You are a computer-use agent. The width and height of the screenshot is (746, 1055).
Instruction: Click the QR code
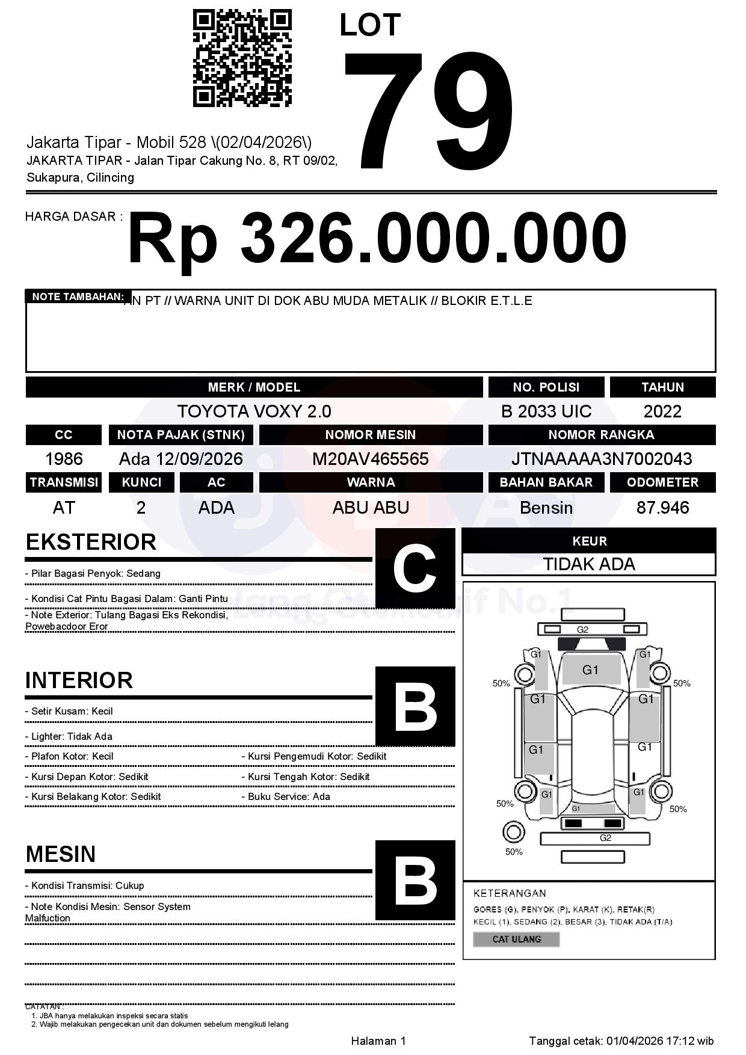[x=242, y=58]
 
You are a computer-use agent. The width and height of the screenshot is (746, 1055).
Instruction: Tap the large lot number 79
[x=428, y=109]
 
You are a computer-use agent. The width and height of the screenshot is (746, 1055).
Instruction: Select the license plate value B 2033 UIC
[x=546, y=411]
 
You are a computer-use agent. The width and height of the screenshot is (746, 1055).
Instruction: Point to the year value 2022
[x=662, y=411]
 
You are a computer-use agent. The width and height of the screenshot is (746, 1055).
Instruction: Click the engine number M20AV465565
[x=370, y=460]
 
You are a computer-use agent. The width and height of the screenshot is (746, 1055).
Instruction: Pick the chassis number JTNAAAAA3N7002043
[x=601, y=460]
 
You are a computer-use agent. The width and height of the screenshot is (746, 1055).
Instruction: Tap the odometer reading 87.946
[x=662, y=508]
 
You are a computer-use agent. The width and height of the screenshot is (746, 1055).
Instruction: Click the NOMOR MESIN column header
[x=370, y=435]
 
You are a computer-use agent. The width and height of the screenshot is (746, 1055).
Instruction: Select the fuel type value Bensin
[x=546, y=508]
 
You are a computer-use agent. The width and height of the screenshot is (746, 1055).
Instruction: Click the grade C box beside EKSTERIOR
[x=415, y=568]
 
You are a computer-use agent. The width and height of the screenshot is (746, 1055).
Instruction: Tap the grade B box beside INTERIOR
[x=415, y=706]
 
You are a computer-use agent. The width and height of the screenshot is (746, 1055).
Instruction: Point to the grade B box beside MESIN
[x=415, y=880]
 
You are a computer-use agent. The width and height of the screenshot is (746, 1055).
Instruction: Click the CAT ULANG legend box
[x=516, y=939]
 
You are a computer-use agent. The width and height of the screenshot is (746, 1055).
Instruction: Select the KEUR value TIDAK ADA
[x=588, y=564]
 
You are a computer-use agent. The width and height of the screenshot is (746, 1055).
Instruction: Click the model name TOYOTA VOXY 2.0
[x=254, y=411]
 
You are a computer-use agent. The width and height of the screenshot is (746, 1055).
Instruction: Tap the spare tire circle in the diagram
[x=513, y=833]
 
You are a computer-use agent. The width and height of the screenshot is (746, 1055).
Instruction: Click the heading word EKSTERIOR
[x=91, y=542]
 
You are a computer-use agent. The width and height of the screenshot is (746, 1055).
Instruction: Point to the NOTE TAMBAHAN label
[x=78, y=297]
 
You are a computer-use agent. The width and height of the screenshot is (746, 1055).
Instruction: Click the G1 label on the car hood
[x=590, y=670]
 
